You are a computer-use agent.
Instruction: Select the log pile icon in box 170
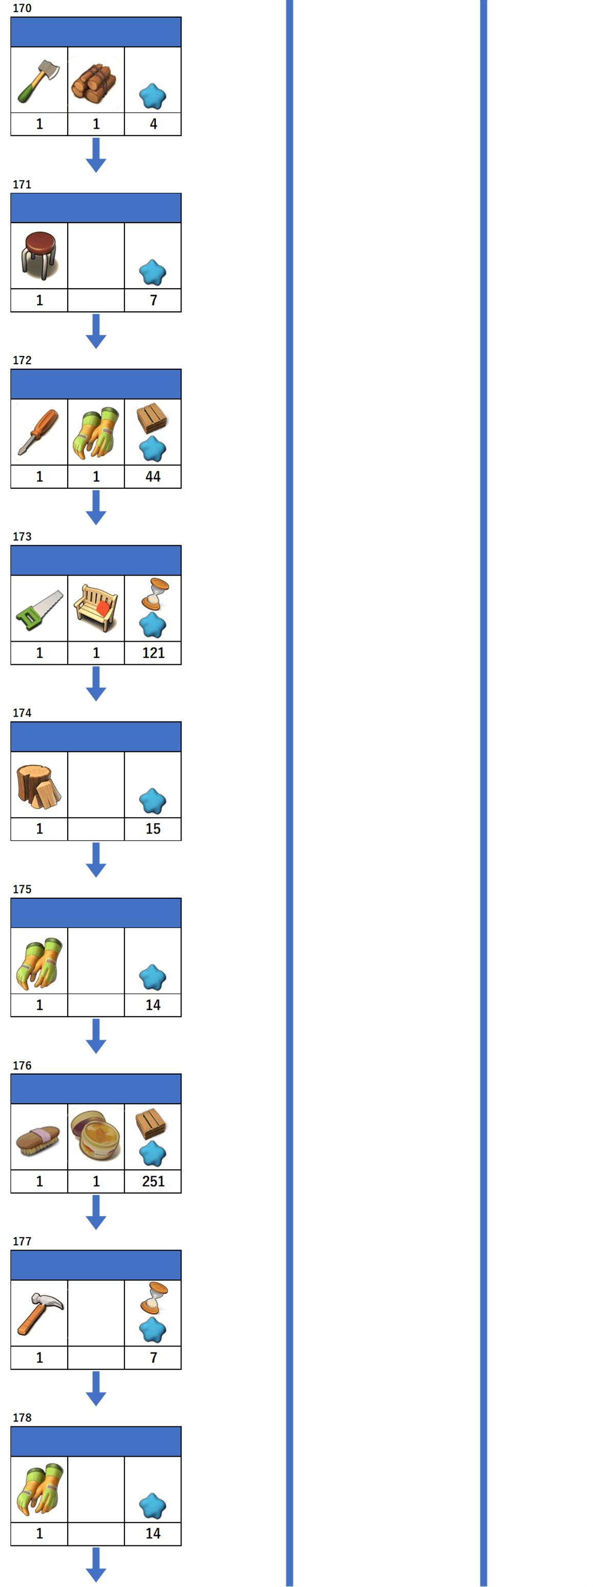pos(94,82)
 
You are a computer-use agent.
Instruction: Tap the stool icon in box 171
pos(39,254)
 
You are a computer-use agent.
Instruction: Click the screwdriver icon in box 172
pos(38,432)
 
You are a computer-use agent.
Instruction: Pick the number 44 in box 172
pos(153,476)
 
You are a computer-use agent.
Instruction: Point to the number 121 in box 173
pos(153,652)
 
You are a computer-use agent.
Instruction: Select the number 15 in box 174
pos(153,828)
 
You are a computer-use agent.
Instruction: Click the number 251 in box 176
pos(153,1181)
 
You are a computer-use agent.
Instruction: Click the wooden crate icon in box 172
pos(152,418)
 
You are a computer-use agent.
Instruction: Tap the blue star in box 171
pos(153,272)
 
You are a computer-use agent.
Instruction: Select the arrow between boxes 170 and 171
pos(96,154)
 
